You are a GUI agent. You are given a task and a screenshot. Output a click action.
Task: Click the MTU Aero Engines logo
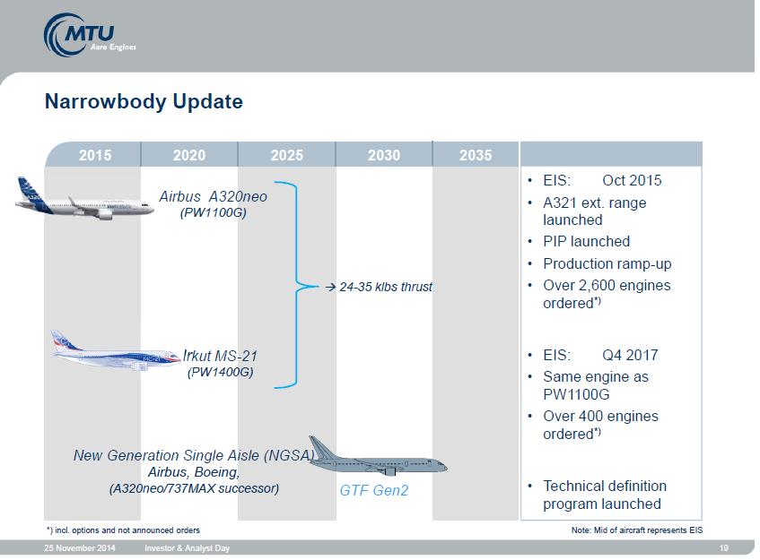pos(90,35)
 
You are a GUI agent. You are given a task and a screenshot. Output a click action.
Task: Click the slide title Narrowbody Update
pos(144,101)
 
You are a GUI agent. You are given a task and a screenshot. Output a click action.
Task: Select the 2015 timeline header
pos(95,155)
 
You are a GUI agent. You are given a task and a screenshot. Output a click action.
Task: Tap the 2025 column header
pos(286,155)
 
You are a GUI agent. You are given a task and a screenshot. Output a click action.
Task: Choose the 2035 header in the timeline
pos(476,155)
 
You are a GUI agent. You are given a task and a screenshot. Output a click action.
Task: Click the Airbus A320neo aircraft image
pos(85,200)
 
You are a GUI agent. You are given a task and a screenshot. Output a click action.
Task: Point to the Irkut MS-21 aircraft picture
pos(116,351)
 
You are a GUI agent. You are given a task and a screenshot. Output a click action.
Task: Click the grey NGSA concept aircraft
pos(378,456)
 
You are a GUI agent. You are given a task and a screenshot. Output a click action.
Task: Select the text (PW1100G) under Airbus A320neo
pos(214,213)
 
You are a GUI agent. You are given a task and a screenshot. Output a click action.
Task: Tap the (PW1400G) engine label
pos(220,372)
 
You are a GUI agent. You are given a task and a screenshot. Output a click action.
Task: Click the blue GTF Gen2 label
pos(373,490)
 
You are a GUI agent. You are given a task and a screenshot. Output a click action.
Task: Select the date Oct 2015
pos(632,180)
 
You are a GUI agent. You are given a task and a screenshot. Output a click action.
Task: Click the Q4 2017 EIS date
pos(630,355)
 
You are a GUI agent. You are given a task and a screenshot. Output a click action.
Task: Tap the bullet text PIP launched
pos(586,242)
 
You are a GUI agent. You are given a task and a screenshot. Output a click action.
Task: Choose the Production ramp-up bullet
pos(607,264)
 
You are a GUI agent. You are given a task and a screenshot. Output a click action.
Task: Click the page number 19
pos(723,548)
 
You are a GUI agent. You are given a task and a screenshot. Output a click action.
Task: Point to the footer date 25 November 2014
pos(80,548)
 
